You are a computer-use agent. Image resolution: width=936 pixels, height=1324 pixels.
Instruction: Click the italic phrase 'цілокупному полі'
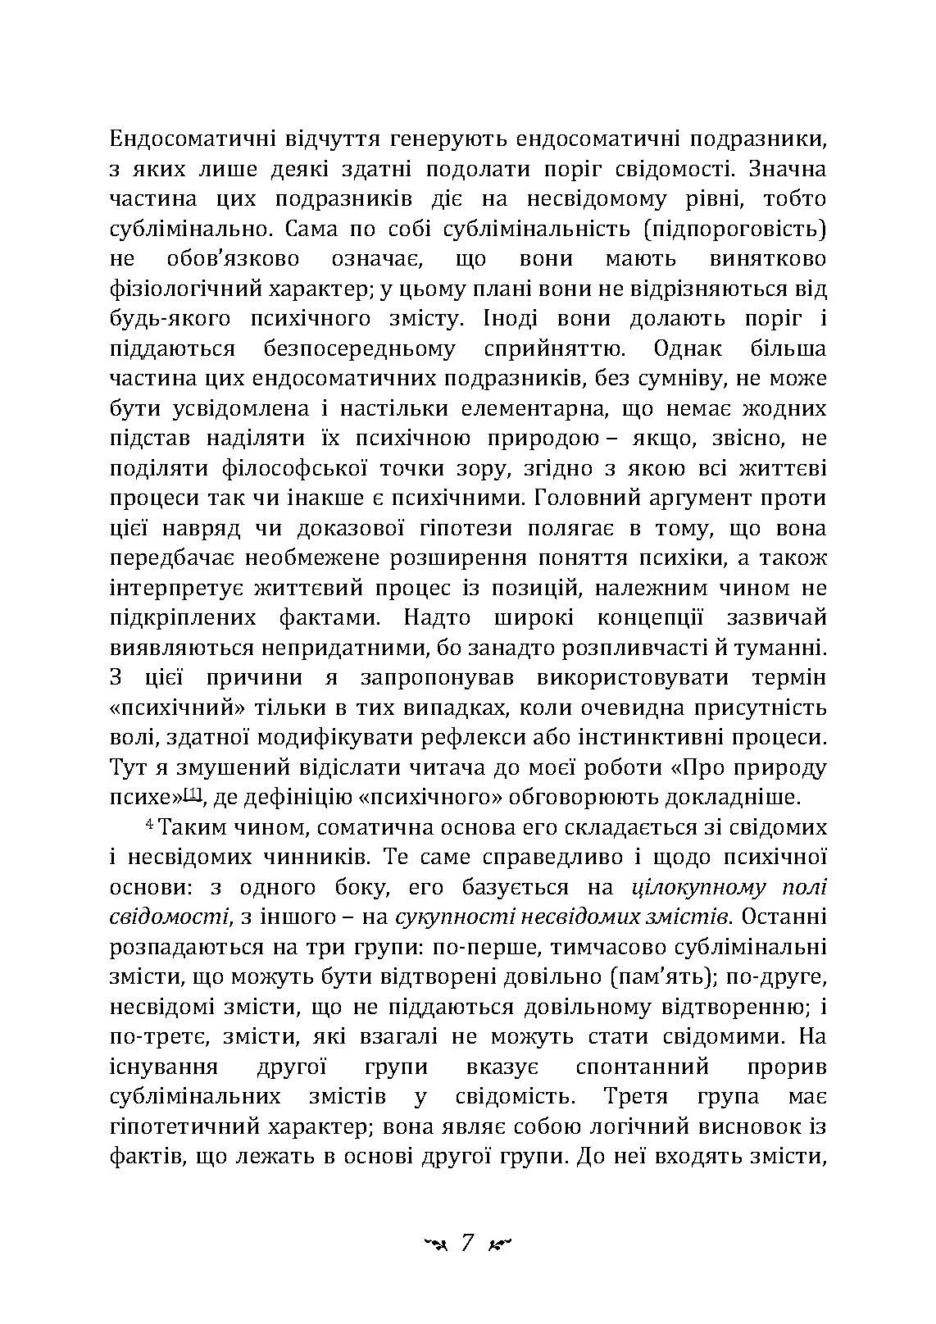729,887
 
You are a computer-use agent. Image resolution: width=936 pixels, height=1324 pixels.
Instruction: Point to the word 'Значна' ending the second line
793,169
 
